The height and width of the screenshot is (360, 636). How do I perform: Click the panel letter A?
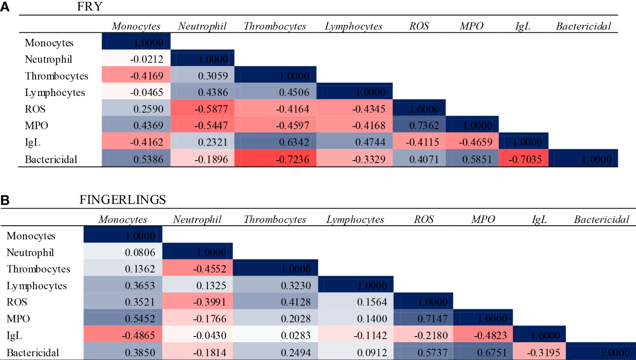pos(6,8)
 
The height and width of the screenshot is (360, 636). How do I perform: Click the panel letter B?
pos(6,200)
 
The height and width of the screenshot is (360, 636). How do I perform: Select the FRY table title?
pos(91,7)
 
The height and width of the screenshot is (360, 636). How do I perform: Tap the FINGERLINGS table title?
pos(123,200)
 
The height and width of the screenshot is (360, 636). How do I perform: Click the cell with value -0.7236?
pos(276,159)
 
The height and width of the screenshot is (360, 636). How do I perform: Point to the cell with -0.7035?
pos(523,159)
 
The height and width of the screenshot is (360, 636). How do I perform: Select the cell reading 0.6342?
pos(276,142)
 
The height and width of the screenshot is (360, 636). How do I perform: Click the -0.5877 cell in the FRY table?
pos(202,109)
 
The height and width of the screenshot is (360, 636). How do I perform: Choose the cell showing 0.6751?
pos(484,352)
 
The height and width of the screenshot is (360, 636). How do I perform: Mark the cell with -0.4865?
pos(123,336)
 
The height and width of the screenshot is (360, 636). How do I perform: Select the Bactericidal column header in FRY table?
pos(583,26)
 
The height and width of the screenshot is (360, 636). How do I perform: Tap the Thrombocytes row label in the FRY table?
pos(56,76)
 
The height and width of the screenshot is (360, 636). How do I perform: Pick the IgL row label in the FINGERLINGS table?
pos(15,336)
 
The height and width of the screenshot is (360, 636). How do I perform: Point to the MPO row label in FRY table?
pos(36,126)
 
